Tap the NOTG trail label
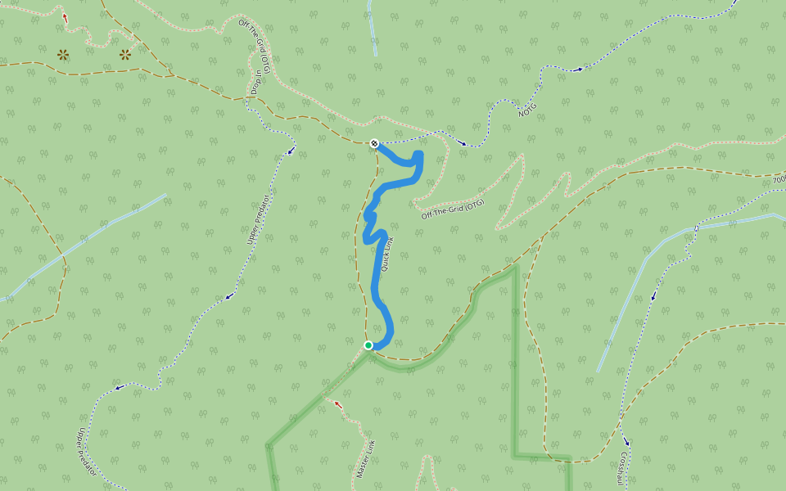[x=528, y=108]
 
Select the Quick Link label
[x=387, y=255]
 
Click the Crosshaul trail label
[x=626, y=471]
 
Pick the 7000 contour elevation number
[x=779, y=179]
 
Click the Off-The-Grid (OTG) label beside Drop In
[x=255, y=41]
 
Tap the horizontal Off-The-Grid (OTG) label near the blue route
[x=453, y=209]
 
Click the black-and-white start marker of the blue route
[x=374, y=143]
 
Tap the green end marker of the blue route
[x=368, y=345]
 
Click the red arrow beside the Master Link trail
[x=337, y=403]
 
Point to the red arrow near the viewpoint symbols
[x=65, y=16]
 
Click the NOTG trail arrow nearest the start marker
[x=463, y=144]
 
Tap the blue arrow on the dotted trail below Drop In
[x=291, y=151]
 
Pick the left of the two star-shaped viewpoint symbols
[x=63, y=55]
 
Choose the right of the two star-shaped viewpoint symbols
[x=124, y=55]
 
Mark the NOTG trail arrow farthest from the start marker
[x=580, y=70]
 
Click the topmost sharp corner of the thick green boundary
[x=516, y=266]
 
